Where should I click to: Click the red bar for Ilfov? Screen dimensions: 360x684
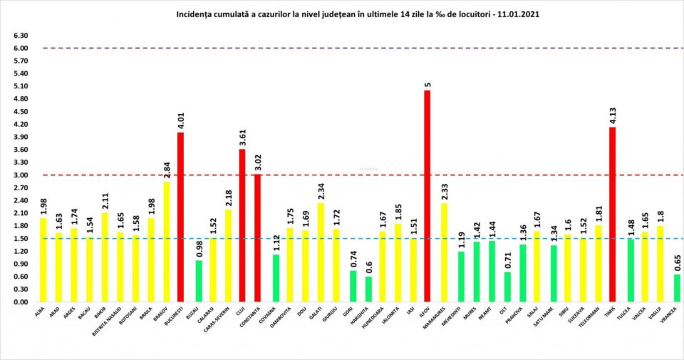point(427,196)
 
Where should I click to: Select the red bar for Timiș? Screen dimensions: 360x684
point(613,214)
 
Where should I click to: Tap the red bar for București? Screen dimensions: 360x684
point(181,217)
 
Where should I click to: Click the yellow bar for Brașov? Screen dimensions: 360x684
point(165,242)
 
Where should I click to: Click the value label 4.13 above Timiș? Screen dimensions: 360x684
point(613,115)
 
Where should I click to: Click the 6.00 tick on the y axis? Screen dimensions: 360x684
point(20,48)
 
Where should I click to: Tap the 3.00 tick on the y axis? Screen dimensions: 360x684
point(20,175)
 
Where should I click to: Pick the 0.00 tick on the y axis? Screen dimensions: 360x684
point(20,302)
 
